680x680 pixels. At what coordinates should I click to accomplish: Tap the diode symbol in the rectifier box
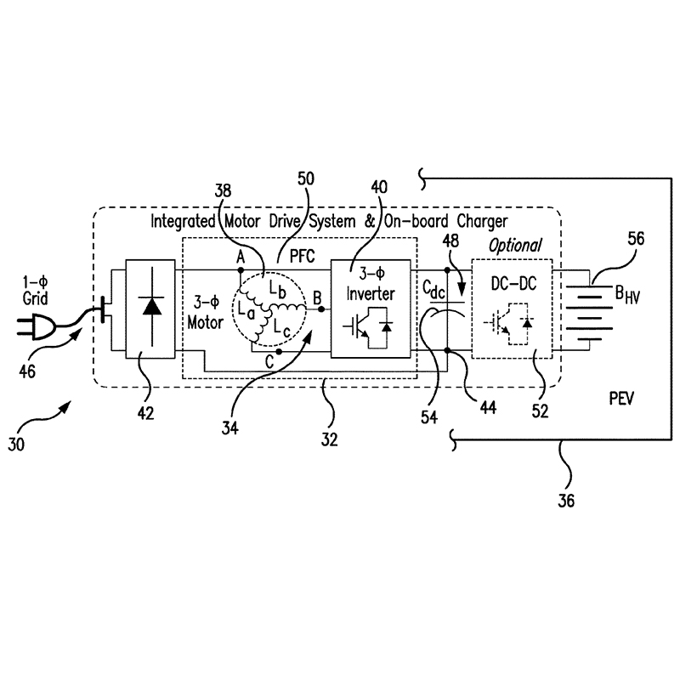(x=152, y=307)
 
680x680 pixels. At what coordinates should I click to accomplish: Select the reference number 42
(x=145, y=413)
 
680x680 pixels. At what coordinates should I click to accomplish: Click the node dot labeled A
(x=241, y=270)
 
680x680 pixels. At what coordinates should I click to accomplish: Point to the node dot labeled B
(x=321, y=309)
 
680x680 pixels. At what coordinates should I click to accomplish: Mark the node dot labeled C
(x=279, y=351)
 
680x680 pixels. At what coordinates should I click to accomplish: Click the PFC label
(x=302, y=256)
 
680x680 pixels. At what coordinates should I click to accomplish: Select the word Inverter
(x=371, y=293)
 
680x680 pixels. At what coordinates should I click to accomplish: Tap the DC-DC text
(x=513, y=284)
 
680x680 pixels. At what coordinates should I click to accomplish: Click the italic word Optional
(x=515, y=246)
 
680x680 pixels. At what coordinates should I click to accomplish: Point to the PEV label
(x=621, y=399)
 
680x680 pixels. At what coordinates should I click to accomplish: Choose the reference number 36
(x=566, y=501)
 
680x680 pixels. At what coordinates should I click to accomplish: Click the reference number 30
(x=16, y=445)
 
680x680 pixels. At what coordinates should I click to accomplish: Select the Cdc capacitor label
(x=433, y=289)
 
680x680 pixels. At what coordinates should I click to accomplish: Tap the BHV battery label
(x=627, y=294)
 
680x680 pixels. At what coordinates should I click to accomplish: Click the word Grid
(x=35, y=298)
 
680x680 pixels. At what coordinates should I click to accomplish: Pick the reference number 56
(x=636, y=238)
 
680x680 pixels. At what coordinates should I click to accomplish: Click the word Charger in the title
(x=482, y=222)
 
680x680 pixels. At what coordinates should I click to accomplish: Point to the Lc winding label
(x=281, y=329)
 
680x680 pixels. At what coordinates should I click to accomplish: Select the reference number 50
(x=306, y=178)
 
